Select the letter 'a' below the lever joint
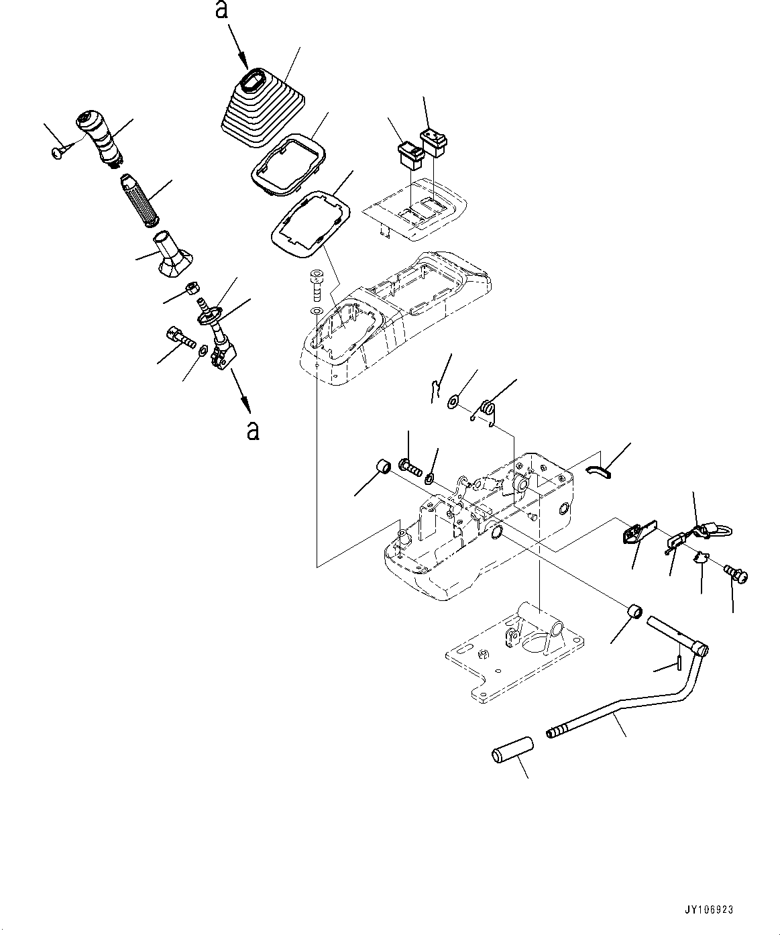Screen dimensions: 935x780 pos(252,430)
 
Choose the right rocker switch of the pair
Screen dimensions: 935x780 pos(434,142)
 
